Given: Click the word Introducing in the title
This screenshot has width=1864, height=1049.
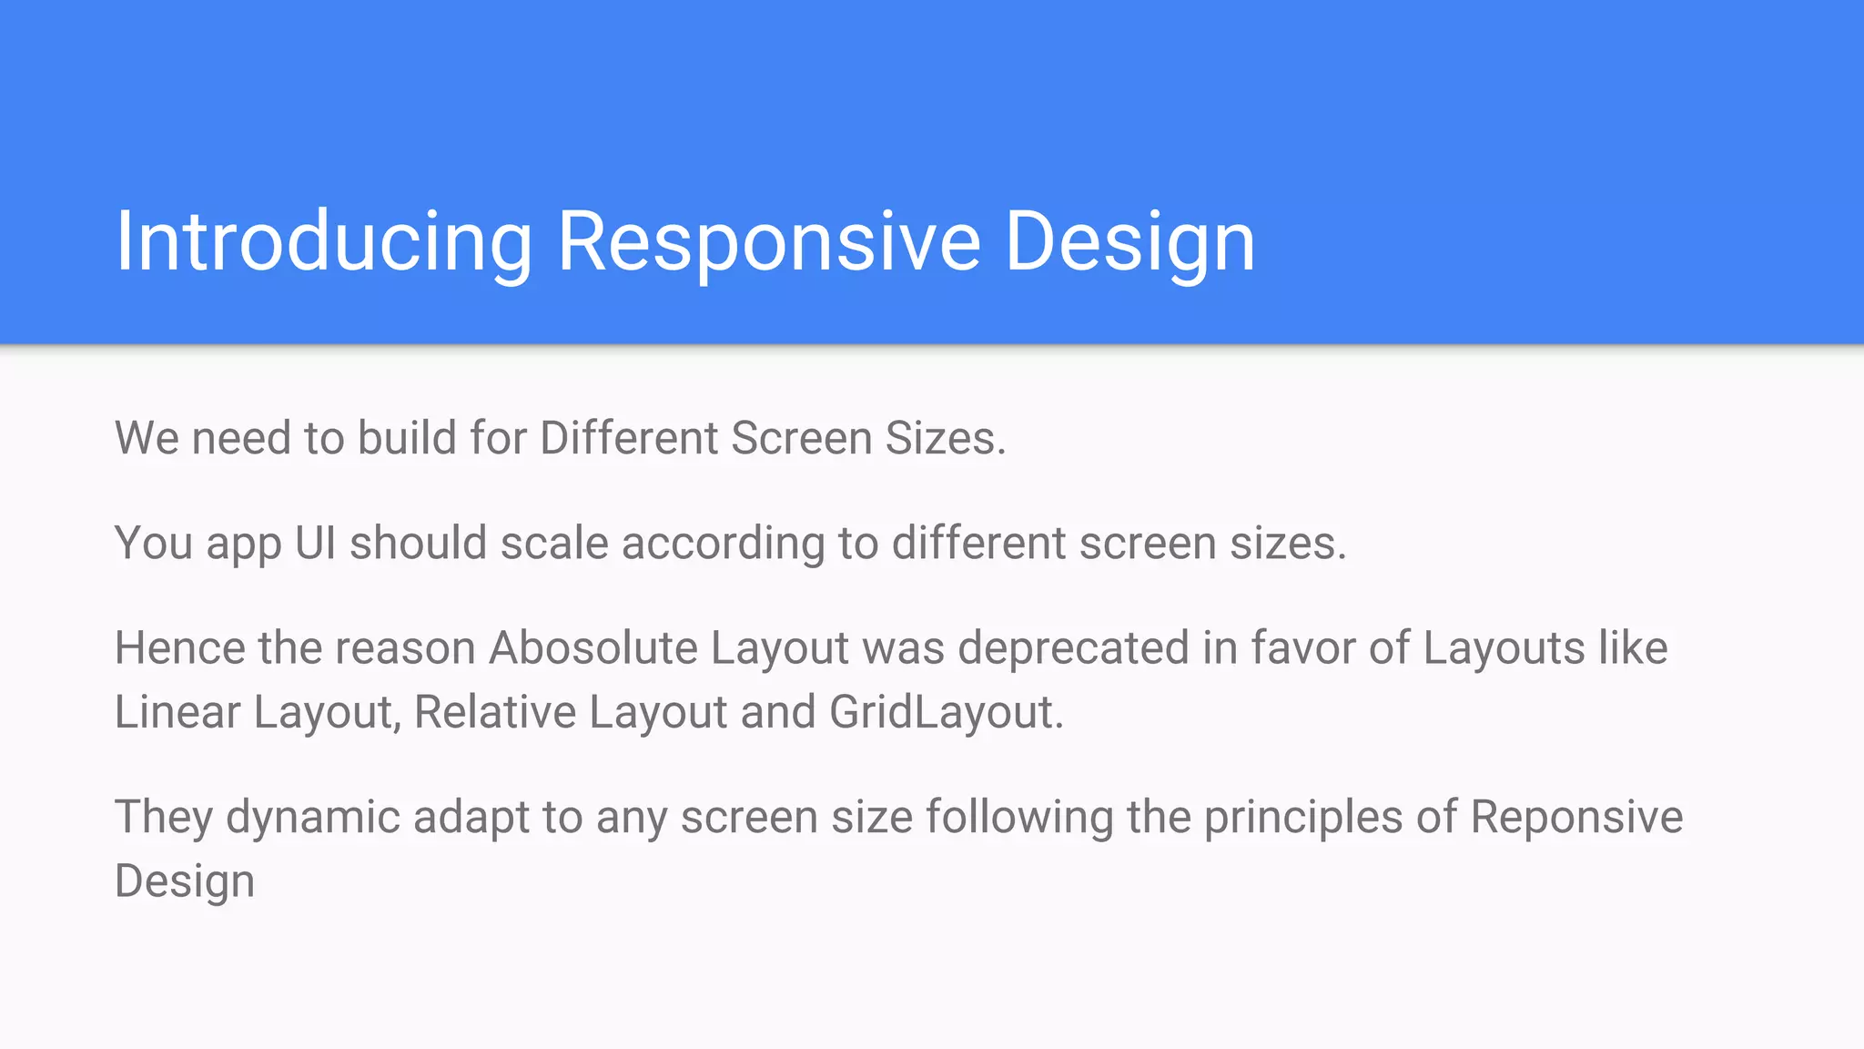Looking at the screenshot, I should (x=323, y=241).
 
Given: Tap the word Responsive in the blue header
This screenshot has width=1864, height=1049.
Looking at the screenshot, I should (x=769, y=241).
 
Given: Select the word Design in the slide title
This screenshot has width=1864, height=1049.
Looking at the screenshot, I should (x=1130, y=241).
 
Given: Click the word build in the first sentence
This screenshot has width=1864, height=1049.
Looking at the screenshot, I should (x=406, y=438).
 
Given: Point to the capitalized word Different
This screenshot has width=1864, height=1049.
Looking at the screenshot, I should (x=630, y=438).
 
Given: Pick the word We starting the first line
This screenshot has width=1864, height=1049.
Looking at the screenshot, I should (x=147, y=438).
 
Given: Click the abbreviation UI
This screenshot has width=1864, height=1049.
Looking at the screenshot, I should (x=315, y=543).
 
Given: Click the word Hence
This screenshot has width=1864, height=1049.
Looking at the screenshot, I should (x=179, y=648).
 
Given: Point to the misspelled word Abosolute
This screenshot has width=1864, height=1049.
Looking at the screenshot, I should (x=593, y=648).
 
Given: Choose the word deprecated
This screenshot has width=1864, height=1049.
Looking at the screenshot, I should (x=1074, y=648).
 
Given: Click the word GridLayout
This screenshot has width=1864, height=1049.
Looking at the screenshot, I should (x=941, y=712).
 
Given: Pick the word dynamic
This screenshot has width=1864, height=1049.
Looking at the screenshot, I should (x=312, y=817).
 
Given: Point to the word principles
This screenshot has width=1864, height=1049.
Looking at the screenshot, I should (x=1303, y=817).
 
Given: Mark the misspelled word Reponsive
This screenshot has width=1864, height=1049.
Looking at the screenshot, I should (x=1576, y=817).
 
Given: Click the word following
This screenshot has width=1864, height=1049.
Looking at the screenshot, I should (x=1019, y=817).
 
